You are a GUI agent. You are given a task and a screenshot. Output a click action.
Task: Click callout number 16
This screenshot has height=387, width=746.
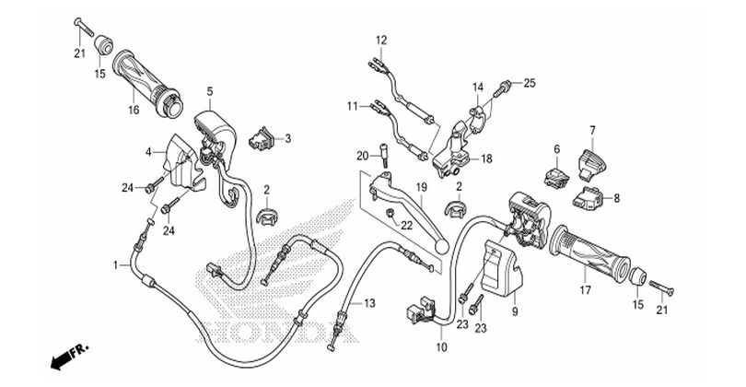tap(134, 110)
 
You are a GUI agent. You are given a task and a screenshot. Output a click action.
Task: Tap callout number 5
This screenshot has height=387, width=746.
tap(210, 91)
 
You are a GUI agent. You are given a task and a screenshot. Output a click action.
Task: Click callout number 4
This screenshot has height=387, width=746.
tap(148, 152)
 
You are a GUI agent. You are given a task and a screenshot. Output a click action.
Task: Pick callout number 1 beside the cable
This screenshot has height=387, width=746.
tap(115, 264)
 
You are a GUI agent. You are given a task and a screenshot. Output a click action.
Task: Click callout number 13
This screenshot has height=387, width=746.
tap(369, 303)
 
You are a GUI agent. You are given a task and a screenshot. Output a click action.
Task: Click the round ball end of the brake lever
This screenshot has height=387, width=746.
tap(441, 245)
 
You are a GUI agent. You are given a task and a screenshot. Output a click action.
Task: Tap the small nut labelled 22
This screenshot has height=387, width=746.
tap(391, 214)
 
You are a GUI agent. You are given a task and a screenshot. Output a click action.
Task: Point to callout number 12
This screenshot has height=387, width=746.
tap(381, 40)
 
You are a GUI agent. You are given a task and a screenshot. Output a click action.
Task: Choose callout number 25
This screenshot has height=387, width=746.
tap(530, 83)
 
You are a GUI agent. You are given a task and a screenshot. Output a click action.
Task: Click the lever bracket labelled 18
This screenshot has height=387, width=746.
tap(452, 149)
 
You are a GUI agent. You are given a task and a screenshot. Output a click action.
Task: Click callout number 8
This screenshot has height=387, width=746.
tap(617, 197)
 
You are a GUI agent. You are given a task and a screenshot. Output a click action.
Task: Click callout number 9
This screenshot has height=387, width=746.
tap(515, 311)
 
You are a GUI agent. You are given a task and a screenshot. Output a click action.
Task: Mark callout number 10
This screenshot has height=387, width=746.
tap(441, 347)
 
